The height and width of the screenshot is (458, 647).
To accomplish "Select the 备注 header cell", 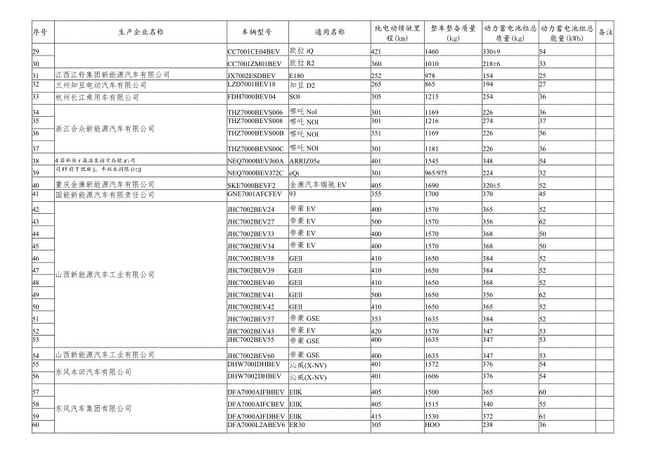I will click(x=604, y=32).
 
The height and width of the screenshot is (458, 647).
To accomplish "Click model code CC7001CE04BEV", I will click(x=254, y=52).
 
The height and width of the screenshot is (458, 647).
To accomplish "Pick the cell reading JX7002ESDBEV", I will click(x=252, y=75).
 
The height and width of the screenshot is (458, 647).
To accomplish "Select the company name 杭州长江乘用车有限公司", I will click(x=98, y=97).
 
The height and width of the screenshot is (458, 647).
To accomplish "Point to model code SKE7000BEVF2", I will click(x=252, y=184).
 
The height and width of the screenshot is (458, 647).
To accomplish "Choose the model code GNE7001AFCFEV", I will click(x=254, y=194).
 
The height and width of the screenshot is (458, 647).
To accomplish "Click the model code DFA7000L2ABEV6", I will click(x=257, y=426).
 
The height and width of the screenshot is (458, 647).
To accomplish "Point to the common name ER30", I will click(x=297, y=426).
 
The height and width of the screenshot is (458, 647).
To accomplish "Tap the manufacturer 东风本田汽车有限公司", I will click(x=94, y=371).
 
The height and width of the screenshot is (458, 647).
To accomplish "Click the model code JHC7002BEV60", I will click(x=251, y=355).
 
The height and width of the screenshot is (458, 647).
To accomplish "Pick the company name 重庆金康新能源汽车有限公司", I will click(x=105, y=184).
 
